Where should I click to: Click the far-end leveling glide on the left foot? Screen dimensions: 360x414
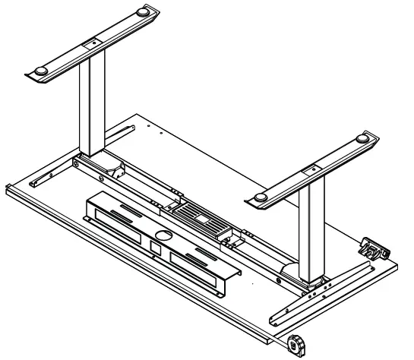click(144, 13)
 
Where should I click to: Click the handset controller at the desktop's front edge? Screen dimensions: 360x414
click(295, 344)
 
